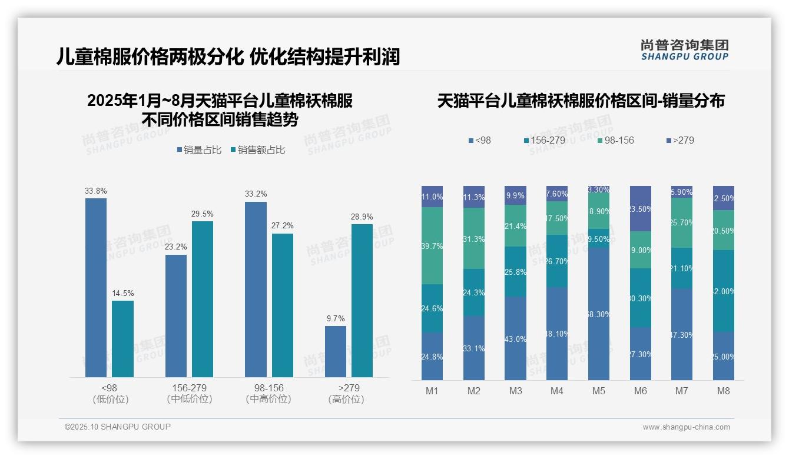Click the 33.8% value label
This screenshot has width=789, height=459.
[95, 191]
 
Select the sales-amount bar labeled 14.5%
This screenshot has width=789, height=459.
[122, 339]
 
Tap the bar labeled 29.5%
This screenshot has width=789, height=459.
[203, 299]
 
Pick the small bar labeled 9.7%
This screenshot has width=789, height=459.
[336, 351]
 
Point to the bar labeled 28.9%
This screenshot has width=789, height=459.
[362, 301]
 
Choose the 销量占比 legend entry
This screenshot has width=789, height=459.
[199, 150]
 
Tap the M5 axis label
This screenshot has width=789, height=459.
[599, 391]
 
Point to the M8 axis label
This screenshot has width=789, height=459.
[724, 391]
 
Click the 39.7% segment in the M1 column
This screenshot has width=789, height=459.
[432, 245]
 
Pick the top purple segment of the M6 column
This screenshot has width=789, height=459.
[641, 208]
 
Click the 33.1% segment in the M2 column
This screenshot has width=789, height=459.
[474, 348]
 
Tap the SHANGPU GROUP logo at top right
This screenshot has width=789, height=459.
[684, 49]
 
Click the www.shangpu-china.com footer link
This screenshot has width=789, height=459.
[686, 427]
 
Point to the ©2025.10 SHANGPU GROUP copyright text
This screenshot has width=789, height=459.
[118, 427]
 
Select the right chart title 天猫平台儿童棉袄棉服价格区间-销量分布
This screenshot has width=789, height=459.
[581, 101]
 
